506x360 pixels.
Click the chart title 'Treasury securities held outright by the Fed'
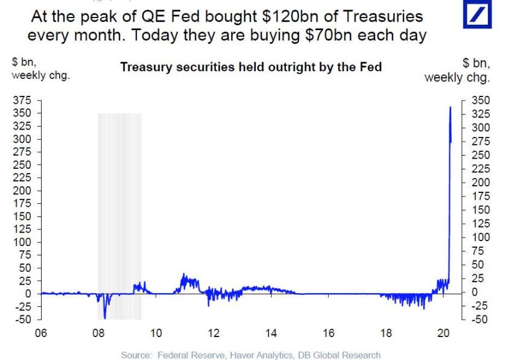[x=251, y=68]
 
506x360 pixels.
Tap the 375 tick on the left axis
[x=20, y=100]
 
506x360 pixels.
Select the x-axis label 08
[x=98, y=332]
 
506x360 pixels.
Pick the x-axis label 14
[x=271, y=332]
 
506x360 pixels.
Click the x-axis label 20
[x=443, y=332]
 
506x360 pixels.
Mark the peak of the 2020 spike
[x=451, y=107]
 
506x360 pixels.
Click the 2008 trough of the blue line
[x=104, y=317]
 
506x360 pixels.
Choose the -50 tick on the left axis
[x=20, y=319]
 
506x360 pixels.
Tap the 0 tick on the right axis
[x=472, y=293]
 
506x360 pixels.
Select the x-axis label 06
[x=40, y=332]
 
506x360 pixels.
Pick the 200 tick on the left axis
[x=20, y=191]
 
